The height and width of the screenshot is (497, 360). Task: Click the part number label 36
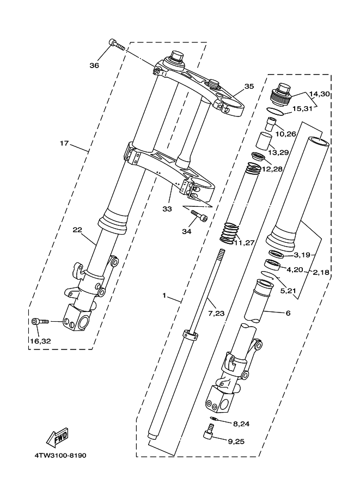point(94,65)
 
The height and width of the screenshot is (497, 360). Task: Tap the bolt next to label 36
point(116,44)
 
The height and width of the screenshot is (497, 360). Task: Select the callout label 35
point(249,86)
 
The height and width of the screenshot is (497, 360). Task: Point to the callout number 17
point(64,144)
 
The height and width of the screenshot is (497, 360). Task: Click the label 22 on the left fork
point(77,229)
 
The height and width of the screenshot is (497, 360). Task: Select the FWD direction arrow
point(55,437)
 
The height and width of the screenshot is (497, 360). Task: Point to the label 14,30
point(320,94)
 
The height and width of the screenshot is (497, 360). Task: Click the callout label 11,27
point(245,243)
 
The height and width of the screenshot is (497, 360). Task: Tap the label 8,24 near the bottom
point(241,423)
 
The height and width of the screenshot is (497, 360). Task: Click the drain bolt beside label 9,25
point(206,434)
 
